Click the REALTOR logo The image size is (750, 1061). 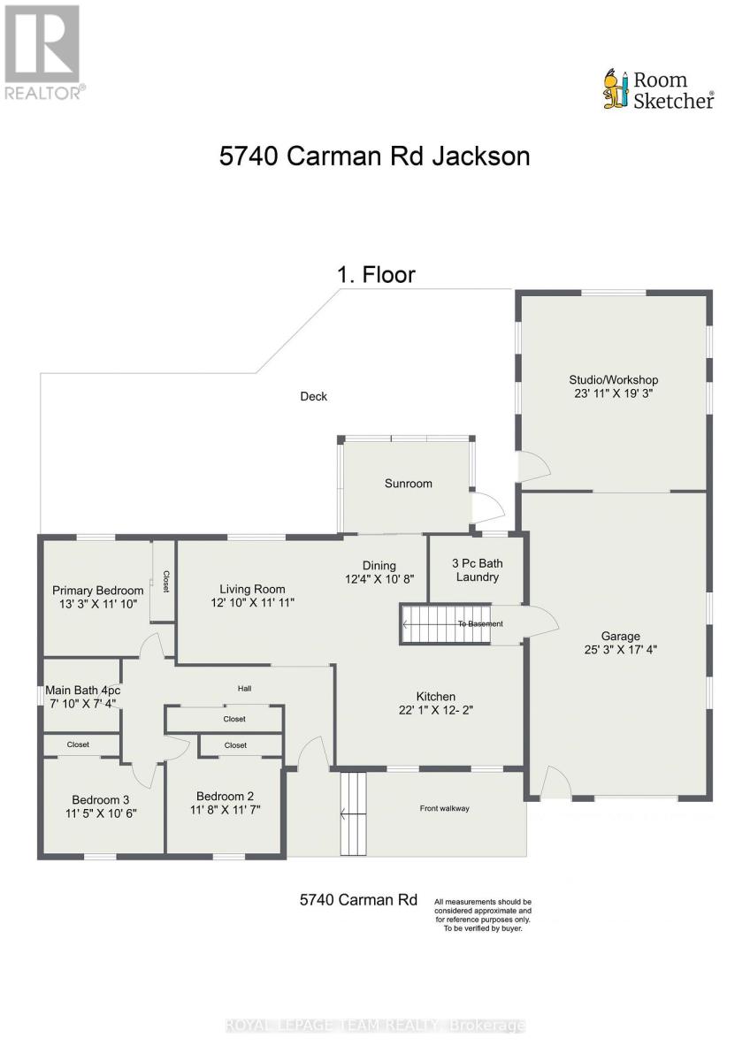(42, 52)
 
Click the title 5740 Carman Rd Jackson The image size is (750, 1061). (374, 156)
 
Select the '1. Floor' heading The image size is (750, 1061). (376, 275)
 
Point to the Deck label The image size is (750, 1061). (314, 396)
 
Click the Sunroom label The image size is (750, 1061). (408, 484)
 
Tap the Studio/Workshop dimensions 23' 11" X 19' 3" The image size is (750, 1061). (614, 393)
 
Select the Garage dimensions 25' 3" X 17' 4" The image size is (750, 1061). (621, 649)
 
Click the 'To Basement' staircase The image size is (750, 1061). (446, 624)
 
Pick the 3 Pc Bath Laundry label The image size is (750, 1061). (477, 570)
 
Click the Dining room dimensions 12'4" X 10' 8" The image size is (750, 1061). (379, 579)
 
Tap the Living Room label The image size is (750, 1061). (252, 589)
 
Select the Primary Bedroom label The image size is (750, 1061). (97, 591)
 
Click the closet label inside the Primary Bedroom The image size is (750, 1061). (165, 581)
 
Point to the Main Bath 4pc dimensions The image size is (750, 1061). (83, 704)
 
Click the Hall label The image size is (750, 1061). (244, 689)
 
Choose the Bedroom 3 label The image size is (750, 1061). (101, 800)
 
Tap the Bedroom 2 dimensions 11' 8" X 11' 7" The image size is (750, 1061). (226, 810)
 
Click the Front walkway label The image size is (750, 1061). (444, 808)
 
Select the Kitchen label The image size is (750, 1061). (436, 697)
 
